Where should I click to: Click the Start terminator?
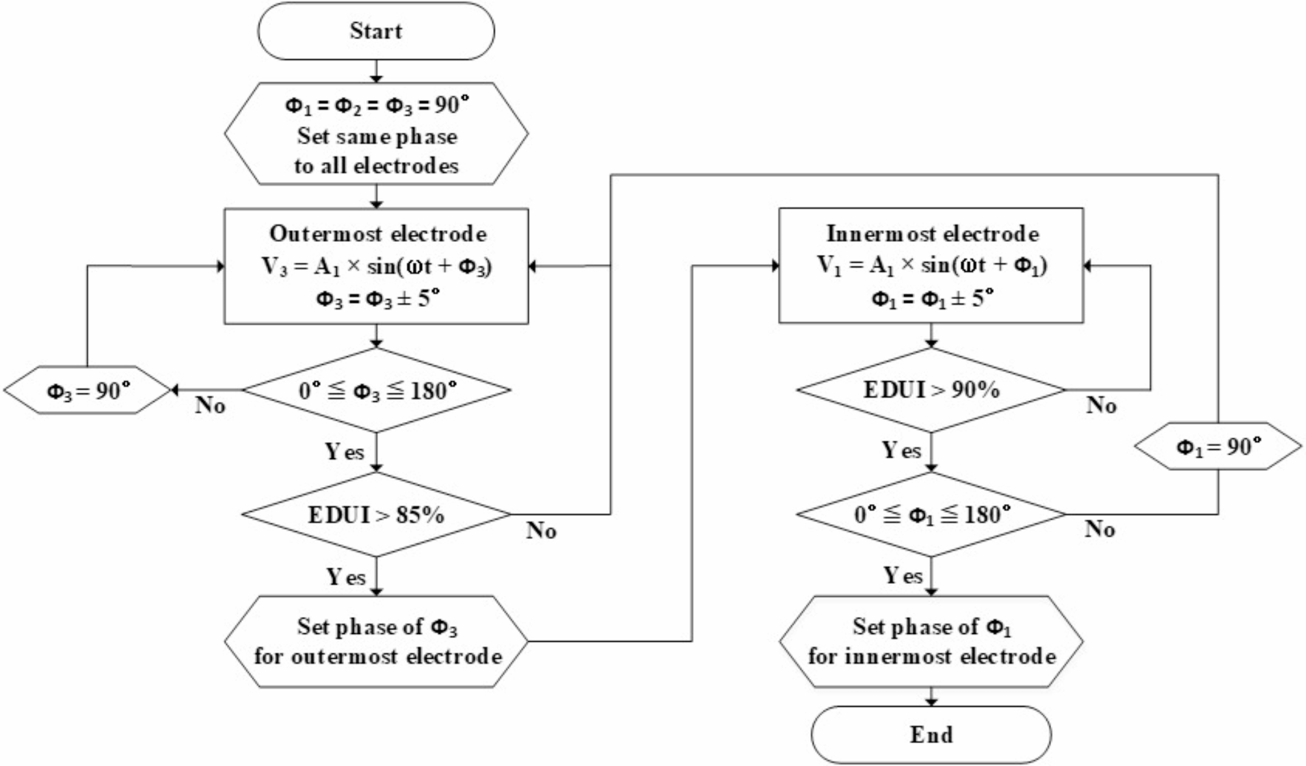coord(376,31)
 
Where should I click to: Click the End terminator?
coord(931,735)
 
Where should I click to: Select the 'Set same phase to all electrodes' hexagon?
coord(376,134)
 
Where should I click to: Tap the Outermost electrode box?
coord(376,266)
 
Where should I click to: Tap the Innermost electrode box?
coord(931,265)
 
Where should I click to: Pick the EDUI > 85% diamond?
coord(376,514)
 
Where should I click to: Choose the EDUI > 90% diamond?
coord(931,390)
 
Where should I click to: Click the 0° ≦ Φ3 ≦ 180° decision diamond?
coord(376,390)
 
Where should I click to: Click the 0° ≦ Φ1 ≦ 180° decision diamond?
coord(931,514)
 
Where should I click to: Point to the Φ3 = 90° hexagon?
coord(87,390)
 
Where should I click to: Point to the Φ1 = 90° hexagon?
coord(1218,446)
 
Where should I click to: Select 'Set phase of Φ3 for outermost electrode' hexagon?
coord(376,641)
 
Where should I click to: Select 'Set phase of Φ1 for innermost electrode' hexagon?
coord(931,641)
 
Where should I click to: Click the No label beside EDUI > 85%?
coord(541,531)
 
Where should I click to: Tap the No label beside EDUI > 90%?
coord(1101,405)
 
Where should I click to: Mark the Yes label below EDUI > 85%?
coord(345,577)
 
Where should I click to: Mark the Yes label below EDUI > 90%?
coord(901,450)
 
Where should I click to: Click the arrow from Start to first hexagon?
coord(376,72)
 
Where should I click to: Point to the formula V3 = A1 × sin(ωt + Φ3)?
coord(376,266)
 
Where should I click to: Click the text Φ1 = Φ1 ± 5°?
coord(931,298)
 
